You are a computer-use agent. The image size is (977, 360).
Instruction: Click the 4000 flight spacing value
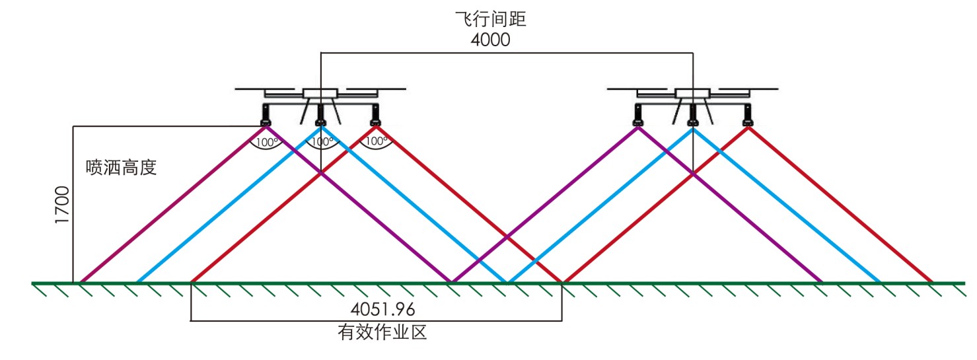(490, 40)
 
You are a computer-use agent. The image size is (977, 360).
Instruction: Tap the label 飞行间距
(490, 19)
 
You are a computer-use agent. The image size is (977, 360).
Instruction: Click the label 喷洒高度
(122, 168)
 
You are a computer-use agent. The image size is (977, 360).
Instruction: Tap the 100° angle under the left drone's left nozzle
(266, 142)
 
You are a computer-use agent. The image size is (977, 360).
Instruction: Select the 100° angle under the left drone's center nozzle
(321, 142)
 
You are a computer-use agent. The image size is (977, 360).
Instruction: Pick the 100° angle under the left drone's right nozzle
(376, 141)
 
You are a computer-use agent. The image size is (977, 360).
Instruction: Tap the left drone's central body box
(320, 94)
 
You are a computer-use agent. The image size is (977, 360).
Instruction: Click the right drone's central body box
(693, 94)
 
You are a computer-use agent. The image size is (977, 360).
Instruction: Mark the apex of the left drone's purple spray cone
(266, 127)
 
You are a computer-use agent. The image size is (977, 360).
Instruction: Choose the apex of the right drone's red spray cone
(748, 127)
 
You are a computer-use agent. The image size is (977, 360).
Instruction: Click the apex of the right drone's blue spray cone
(693, 127)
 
